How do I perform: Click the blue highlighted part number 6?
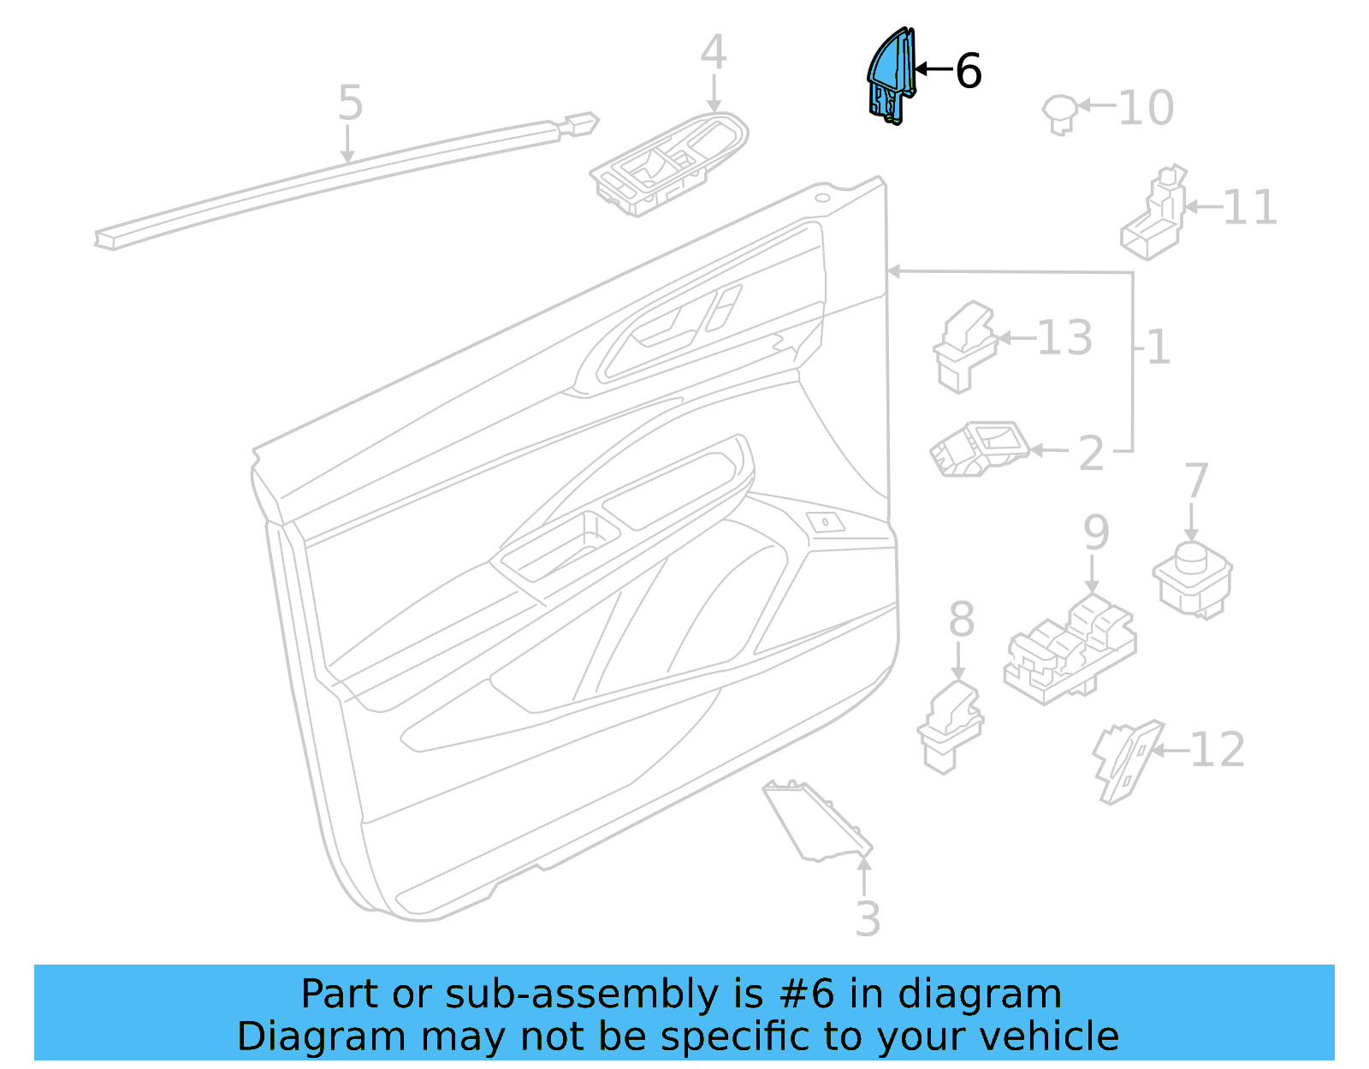point(889,77)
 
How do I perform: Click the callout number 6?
point(968,71)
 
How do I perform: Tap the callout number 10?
point(1146,109)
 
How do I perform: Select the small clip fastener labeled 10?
point(1060,114)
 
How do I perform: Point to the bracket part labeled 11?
point(1154,214)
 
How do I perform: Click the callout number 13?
point(1064,338)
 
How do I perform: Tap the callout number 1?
point(1159,347)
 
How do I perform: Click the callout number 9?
point(1096,532)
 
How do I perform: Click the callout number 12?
point(1217,750)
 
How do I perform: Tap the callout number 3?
point(868,919)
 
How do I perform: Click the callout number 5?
point(351,103)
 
